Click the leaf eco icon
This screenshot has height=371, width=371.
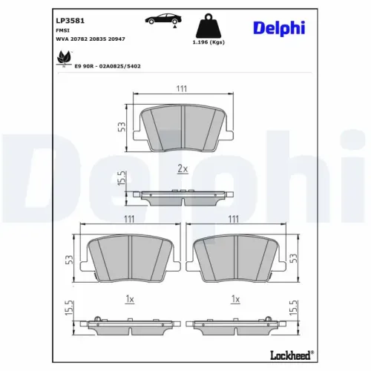point(64,56)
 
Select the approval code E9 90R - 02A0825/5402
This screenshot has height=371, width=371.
point(108,65)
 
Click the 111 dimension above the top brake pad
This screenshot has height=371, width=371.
point(181,89)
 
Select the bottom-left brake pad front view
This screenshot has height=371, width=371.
point(130,257)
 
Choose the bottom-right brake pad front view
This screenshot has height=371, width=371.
point(234,257)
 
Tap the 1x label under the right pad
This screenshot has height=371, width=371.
point(235,300)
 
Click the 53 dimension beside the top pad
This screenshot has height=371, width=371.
point(121,126)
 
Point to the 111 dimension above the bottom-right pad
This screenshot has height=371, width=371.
point(234,220)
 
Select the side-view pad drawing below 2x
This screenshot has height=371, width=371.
point(182,195)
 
